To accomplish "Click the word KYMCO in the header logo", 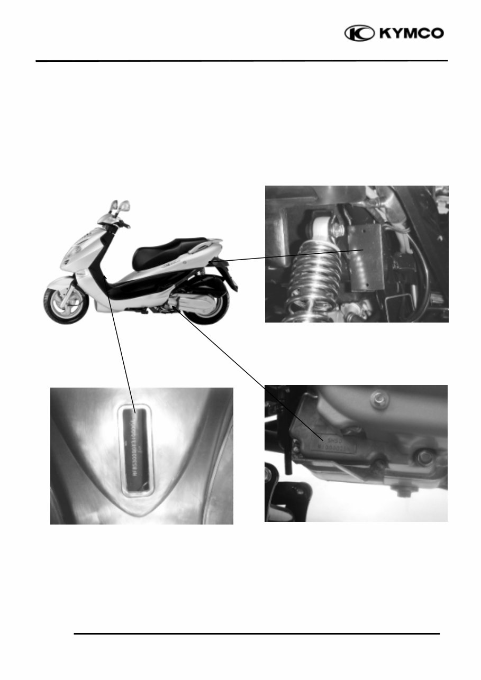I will [410, 34].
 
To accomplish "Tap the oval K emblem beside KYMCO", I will [360, 34].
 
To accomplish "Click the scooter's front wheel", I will [66, 305].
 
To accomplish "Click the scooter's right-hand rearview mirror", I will [125, 205].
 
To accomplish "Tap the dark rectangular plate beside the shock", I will [366, 256].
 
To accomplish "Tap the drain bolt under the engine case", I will [405, 490].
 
